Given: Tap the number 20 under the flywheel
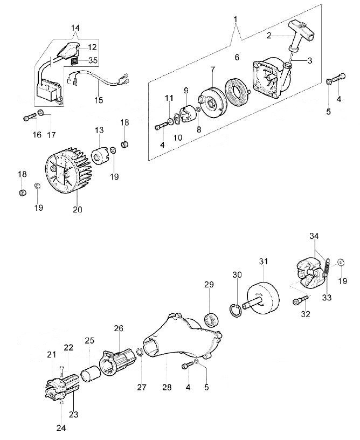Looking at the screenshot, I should click(78, 209).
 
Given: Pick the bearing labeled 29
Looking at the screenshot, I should click(211, 318).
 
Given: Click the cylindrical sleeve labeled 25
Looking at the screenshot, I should click(90, 372).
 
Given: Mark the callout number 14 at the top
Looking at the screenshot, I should click(75, 27).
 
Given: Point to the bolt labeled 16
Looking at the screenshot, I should click(29, 116).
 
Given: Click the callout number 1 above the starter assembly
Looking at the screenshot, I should click(236, 20).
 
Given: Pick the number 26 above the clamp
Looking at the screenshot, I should click(119, 328).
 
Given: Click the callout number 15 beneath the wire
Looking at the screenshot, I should click(99, 99).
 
